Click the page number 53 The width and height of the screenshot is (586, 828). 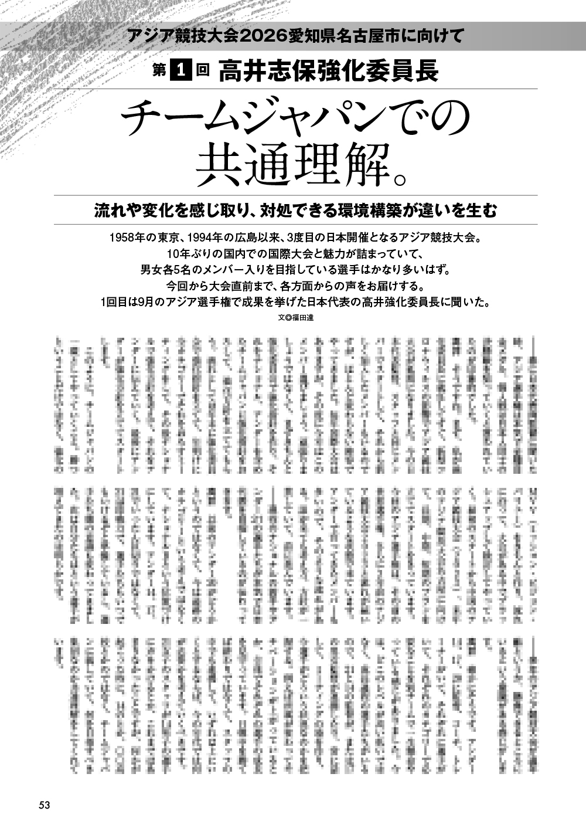tap(44, 805)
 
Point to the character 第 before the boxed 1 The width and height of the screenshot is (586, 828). tap(159, 72)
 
